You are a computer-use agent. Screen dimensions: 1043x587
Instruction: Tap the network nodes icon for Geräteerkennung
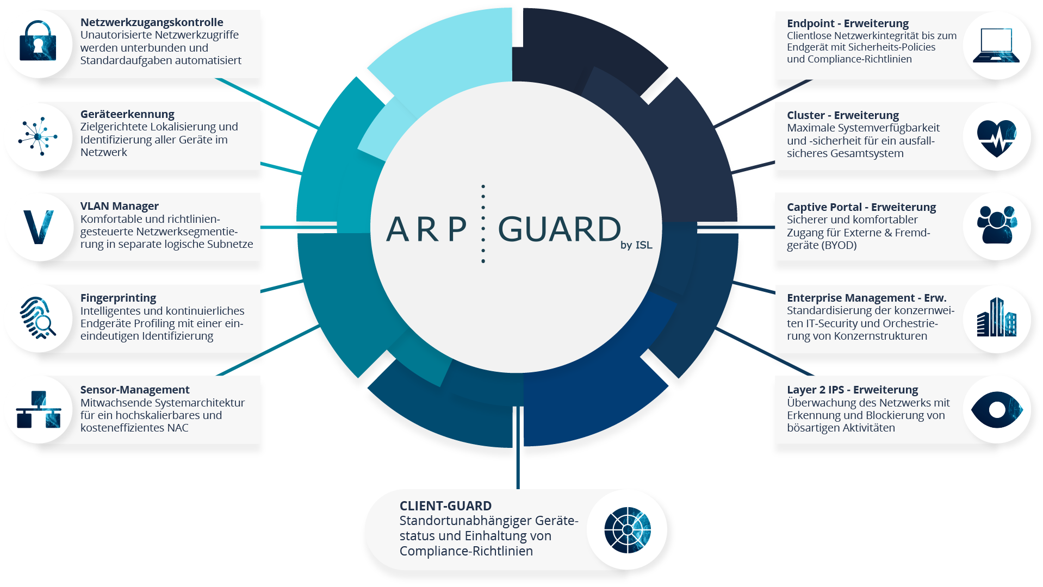[x=38, y=136]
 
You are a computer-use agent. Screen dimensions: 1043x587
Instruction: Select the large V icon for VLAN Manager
[x=39, y=227]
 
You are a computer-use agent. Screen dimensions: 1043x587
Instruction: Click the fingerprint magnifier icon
[x=38, y=318]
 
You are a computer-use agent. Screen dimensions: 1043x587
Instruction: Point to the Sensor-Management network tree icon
[x=38, y=409]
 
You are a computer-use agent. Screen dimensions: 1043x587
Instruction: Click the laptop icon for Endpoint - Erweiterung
[x=996, y=45]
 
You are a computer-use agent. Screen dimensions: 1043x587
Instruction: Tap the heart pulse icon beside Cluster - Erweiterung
[x=996, y=138]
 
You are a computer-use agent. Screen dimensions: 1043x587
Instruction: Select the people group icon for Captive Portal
[x=997, y=224]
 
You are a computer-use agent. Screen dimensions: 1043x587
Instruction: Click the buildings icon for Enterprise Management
[x=996, y=317]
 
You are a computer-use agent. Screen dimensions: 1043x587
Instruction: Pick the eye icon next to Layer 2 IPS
[x=997, y=409]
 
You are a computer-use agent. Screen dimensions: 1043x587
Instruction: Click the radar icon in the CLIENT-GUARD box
[x=628, y=530]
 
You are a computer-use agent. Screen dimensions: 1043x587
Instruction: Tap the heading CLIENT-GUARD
[x=445, y=506]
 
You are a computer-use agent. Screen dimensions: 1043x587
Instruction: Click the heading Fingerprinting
[x=118, y=298]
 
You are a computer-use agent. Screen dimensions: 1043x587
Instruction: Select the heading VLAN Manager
[x=120, y=206]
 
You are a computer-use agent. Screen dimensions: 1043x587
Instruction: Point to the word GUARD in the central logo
[x=559, y=229]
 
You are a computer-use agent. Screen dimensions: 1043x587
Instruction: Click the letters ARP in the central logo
[x=426, y=229]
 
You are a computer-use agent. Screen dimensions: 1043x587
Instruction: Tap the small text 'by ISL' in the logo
[x=636, y=245]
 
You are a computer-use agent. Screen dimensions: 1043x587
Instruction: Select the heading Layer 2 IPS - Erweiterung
[x=852, y=390]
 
